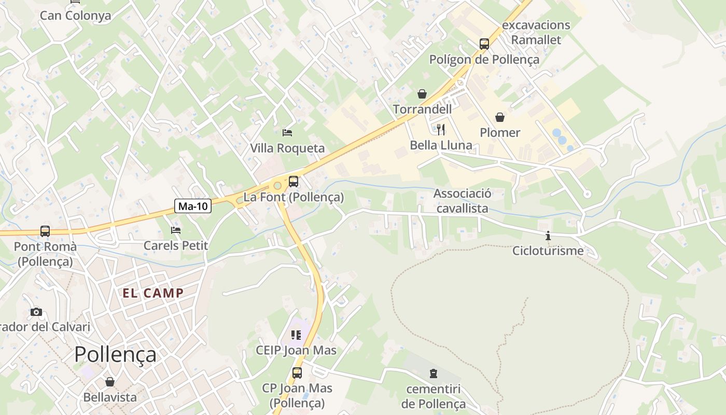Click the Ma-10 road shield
pos(193,206)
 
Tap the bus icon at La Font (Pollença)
pos(294,182)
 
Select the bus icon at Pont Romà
pos(45,231)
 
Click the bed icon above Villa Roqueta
pos(287,133)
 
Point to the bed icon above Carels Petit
pos(176,230)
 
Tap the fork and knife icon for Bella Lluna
pos(441,129)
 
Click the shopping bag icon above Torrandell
pos(422,94)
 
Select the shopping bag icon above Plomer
pos(500,117)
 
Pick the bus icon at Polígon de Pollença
pos(484,44)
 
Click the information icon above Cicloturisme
pos(548,236)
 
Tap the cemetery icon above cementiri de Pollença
pos(433,373)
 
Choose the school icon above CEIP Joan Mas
pos(296,335)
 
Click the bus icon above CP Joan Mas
pos(297,372)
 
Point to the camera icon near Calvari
pos(36,312)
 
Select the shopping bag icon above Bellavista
pos(110,382)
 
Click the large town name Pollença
pos(115,354)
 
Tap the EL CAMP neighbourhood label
pos(153,293)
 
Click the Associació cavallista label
pos(462,201)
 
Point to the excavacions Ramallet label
pos(536,32)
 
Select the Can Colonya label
pos(76,16)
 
